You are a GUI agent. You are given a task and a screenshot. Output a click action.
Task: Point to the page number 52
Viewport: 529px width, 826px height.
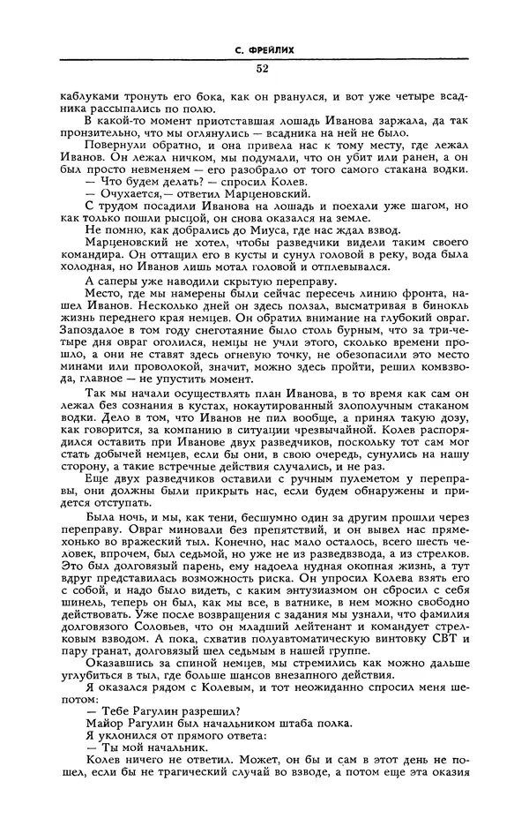(x=264, y=69)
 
